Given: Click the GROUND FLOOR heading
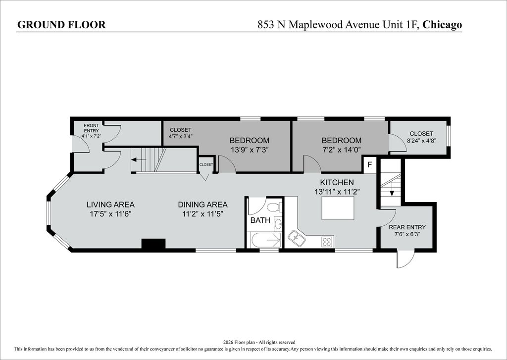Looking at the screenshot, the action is coord(61,25).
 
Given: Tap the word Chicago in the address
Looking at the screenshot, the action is coord(442,25).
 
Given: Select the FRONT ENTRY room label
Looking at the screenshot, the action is coord(92,128).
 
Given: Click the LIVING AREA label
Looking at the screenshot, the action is coord(110,205).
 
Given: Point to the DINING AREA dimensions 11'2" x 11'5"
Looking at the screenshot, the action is coord(203,214).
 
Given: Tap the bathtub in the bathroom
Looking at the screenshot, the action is coord(264,240).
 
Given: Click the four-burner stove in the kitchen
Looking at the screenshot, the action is coord(327,242).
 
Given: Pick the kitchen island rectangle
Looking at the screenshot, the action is coord(338,208).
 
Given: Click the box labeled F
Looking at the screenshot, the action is coord(370,164).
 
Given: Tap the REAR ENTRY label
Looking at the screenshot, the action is coord(407,227).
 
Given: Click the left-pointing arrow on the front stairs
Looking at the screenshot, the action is coord(139,160).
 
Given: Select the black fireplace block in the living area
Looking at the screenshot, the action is coord(153,244).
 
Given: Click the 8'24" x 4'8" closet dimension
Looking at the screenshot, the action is coord(421,140).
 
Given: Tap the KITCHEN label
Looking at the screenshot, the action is coord(337,182).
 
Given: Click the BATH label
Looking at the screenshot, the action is coord(260,220).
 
